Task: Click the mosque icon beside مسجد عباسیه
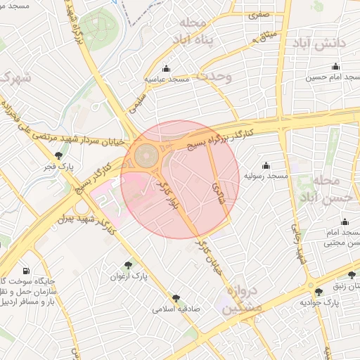[x=167, y=69]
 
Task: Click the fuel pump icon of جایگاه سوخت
[x=26, y=271]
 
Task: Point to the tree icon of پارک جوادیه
[x=320, y=290]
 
